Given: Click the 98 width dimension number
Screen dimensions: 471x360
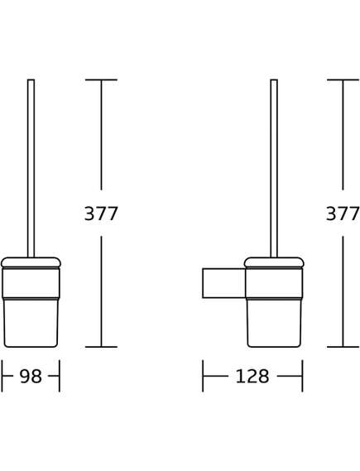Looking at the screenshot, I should click(x=31, y=377).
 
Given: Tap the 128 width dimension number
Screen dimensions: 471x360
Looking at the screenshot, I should click(x=252, y=377).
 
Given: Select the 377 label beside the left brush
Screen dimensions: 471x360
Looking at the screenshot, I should click(x=101, y=214).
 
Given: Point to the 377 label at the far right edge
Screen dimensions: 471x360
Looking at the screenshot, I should click(x=343, y=214).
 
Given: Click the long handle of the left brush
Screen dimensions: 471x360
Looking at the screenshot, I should click(x=31, y=166).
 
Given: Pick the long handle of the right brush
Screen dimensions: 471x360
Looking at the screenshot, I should click(x=274, y=166).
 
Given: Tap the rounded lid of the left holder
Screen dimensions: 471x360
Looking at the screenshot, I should click(x=31, y=262).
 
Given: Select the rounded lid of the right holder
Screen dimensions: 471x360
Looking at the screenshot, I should click(x=274, y=262).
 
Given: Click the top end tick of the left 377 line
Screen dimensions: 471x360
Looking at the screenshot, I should click(x=101, y=80).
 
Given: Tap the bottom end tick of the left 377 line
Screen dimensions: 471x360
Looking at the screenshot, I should click(x=101, y=347).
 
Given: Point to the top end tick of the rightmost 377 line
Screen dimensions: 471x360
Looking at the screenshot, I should click(x=343, y=80).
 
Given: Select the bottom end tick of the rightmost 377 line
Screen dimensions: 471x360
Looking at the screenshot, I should click(x=343, y=347).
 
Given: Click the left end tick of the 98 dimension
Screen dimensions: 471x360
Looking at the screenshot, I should click(x=2, y=377).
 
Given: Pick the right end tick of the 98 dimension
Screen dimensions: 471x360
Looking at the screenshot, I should click(x=60, y=377).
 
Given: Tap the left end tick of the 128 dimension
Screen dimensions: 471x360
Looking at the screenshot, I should click(x=203, y=377).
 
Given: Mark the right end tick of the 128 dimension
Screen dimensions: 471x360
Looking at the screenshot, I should click(x=302, y=377).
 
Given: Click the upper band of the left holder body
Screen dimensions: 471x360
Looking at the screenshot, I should click(x=31, y=282).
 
